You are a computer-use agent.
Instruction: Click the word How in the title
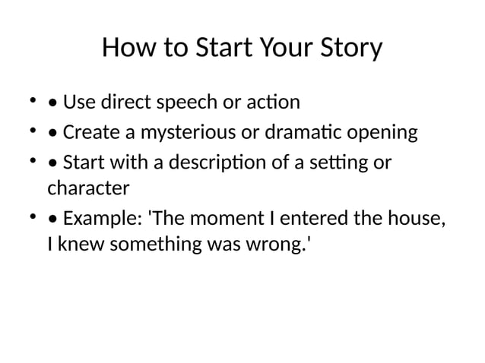click(124, 49)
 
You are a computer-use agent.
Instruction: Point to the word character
click(88, 186)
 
